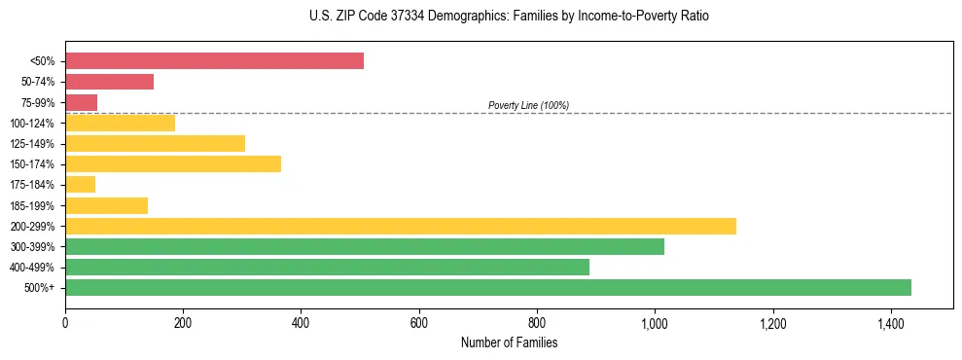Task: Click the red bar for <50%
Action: click(214, 61)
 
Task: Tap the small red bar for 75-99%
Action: click(81, 102)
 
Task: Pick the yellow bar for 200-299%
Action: click(400, 226)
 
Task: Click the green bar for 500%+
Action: click(487, 287)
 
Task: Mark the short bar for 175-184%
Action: click(80, 185)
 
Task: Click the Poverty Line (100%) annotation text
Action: click(528, 105)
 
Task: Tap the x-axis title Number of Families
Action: click(509, 343)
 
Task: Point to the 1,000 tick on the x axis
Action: click(655, 321)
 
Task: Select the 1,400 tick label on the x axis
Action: click(890, 321)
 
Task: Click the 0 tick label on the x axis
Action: click(65, 321)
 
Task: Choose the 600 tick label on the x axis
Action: click(418, 321)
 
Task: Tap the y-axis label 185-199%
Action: click(32, 205)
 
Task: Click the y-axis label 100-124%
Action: click(32, 124)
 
